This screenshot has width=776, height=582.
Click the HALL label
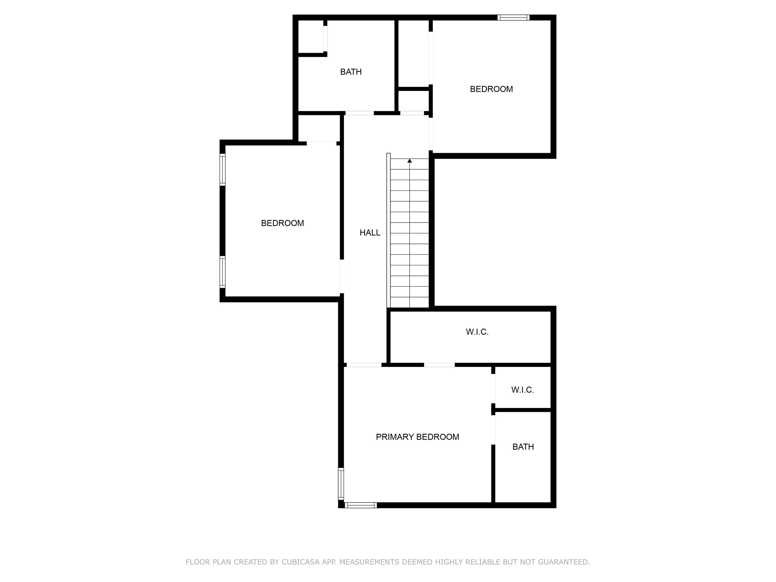pyautogui.click(x=370, y=233)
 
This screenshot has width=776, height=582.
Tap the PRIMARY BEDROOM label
pyautogui.click(x=417, y=437)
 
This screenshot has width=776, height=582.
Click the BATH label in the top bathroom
pyautogui.click(x=350, y=72)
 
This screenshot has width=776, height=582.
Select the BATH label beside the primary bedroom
pyautogui.click(x=523, y=446)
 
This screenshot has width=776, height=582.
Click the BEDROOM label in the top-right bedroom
pyautogui.click(x=491, y=89)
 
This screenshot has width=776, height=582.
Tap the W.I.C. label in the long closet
pyautogui.click(x=477, y=332)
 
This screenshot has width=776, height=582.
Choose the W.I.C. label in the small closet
pyautogui.click(x=522, y=390)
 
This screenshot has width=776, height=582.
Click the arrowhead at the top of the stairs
pyautogui.click(x=409, y=161)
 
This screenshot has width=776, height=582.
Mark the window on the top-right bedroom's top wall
pyautogui.click(x=513, y=18)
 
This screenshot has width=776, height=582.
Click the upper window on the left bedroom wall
pyautogui.click(x=222, y=169)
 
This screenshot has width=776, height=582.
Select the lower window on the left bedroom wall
pyautogui.click(x=222, y=272)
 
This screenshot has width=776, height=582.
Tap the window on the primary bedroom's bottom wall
pyautogui.click(x=361, y=505)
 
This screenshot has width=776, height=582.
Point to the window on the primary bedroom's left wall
pyautogui.click(x=341, y=483)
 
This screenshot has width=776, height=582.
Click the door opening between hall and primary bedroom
pyautogui.click(x=364, y=365)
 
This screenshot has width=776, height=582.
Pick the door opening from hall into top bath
pyautogui.click(x=359, y=113)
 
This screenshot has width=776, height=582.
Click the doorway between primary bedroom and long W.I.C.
pyautogui.click(x=439, y=365)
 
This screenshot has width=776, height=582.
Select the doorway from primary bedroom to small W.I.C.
pyautogui.click(x=493, y=389)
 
